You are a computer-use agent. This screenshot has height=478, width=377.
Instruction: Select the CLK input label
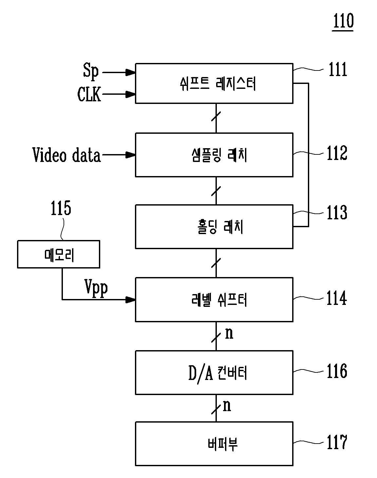click(x=89, y=94)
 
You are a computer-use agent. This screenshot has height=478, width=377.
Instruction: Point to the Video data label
click(x=66, y=155)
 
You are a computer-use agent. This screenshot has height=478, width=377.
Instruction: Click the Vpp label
click(x=96, y=288)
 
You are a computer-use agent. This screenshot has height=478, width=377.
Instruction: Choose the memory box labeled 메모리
click(x=59, y=254)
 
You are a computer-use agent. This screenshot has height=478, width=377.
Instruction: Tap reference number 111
click(x=338, y=69)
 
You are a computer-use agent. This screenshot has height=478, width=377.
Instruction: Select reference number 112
click(x=337, y=153)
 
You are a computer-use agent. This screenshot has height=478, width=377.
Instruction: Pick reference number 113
click(x=337, y=212)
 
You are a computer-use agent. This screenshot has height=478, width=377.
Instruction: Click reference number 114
click(x=336, y=298)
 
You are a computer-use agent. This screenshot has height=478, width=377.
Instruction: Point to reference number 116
click(x=337, y=371)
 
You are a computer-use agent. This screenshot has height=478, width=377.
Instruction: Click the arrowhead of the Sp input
click(x=131, y=72)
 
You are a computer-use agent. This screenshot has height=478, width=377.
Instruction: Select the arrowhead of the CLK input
click(x=131, y=94)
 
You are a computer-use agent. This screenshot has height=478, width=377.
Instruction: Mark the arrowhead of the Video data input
click(x=131, y=155)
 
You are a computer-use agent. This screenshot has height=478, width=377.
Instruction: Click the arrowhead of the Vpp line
click(x=131, y=300)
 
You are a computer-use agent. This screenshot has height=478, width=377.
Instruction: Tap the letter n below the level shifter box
click(x=229, y=334)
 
